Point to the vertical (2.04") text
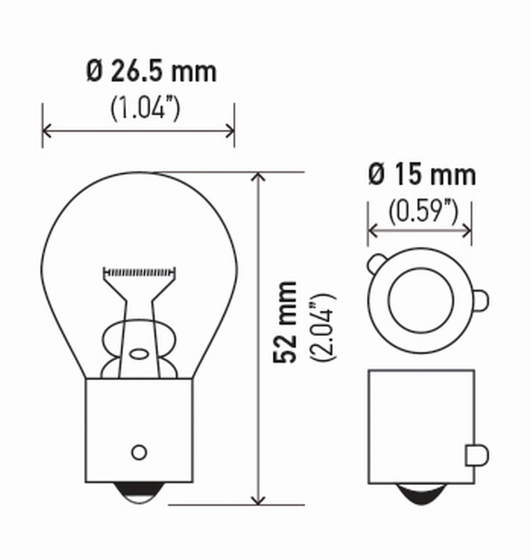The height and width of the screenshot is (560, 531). coord(324,326)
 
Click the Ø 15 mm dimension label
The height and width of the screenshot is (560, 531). coord(421,175)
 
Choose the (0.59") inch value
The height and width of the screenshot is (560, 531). coord(422,210)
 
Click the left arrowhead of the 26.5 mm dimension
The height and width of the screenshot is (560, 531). coord(47,129)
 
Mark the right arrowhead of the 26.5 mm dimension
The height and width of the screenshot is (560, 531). coord(230,129)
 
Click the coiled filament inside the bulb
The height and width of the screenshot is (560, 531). coord(138,270)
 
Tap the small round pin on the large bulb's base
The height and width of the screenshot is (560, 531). coord(139,451)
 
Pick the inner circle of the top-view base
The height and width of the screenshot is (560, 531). coord(420,300)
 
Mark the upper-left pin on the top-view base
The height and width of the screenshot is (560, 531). coord(376,264)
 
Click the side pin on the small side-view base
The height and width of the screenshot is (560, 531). coord(474,455)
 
